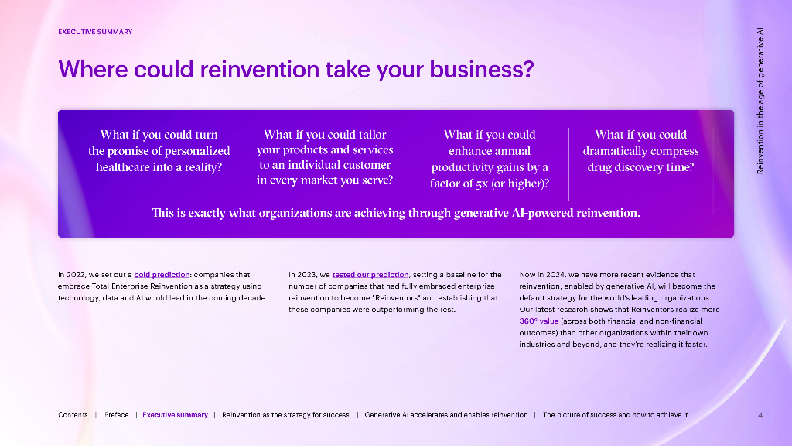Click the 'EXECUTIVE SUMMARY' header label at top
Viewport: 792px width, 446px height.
95,32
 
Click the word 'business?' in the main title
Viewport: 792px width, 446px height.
484,70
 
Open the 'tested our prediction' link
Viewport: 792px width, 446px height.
370,275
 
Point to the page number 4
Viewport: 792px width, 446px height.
760,415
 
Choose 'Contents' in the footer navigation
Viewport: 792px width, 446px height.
73,415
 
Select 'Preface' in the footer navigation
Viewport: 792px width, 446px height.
117,415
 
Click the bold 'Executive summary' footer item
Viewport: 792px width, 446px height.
176,415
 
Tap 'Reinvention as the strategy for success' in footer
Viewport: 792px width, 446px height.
285,415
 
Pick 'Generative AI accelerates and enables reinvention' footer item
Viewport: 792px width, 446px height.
446,415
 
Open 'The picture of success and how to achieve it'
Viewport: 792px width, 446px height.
615,415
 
